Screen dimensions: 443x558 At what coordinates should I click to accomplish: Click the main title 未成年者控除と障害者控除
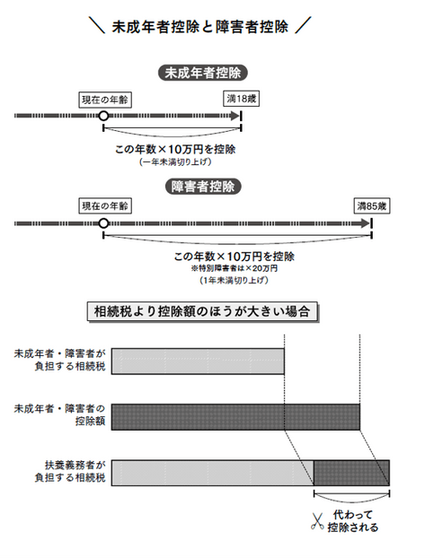(200, 27)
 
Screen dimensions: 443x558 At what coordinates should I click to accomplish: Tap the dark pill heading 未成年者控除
(202, 73)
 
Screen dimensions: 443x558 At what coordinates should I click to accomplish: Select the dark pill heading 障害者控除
(203, 187)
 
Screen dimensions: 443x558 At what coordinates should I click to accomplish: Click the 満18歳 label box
(242, 99)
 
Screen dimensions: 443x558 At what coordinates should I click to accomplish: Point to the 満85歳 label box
(372, 205)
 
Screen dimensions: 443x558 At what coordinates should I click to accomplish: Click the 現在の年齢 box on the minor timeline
(105, 100)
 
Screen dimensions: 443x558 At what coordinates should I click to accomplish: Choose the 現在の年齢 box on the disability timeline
(105, 205)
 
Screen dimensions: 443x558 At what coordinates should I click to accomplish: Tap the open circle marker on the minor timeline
(103, 116)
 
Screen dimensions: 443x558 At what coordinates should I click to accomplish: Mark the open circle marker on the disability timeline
(103, 223)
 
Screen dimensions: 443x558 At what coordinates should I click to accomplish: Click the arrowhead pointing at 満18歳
(235, 116)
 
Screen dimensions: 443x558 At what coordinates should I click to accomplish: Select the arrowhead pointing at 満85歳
(366, 223)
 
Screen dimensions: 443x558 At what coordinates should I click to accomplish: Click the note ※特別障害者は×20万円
(235, 268)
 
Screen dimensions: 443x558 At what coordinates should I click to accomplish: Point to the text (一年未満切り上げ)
(175, 161)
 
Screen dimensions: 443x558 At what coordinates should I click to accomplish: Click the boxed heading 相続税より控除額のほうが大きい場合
(202, 311)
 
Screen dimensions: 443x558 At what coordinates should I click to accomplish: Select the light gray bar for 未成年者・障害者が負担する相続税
(198, 362)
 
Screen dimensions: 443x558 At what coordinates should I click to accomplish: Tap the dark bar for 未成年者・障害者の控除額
(235, 417)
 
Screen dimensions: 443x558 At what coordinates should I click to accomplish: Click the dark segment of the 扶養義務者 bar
(351, 473)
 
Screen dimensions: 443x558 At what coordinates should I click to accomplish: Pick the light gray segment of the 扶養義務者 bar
(212, 473)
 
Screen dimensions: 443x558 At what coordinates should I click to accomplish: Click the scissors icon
(317, 521)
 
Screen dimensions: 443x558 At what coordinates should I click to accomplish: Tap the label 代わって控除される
(353, 521)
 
